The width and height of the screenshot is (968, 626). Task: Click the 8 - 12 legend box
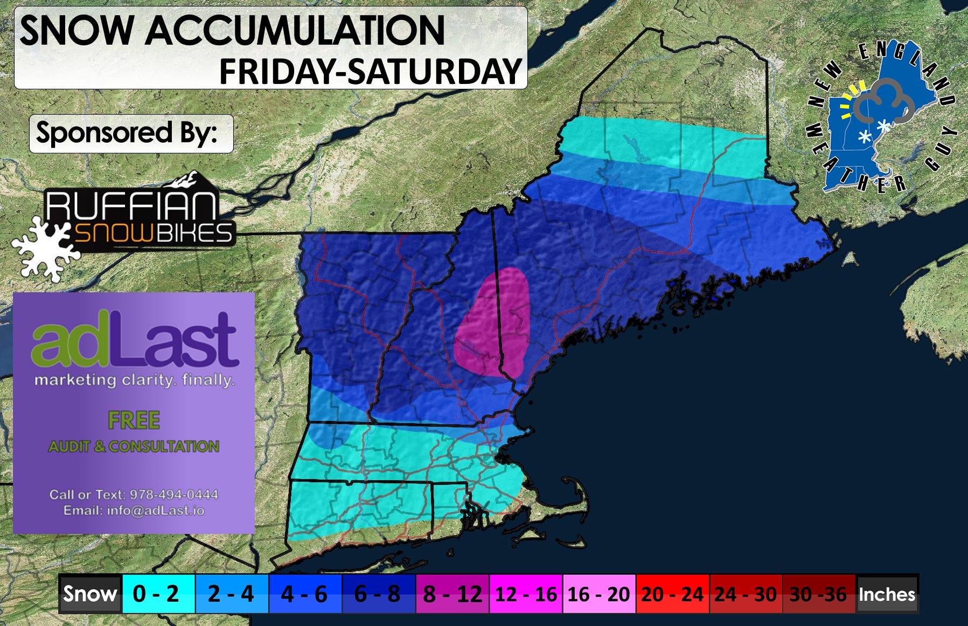click(452, 594)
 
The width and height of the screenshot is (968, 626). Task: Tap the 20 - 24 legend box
click(672, 594)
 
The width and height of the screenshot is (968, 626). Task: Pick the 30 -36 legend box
click(818, 594)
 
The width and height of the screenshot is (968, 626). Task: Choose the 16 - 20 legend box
click(599, 594)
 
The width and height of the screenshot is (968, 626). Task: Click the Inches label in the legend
click(887, 594)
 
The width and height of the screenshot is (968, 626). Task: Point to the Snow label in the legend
click(89, 594)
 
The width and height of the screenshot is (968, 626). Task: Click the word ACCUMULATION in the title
click(295, 31)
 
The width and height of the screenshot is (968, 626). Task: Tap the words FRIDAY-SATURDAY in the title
click(371, 72)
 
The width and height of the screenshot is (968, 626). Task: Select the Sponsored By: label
click(127, 133)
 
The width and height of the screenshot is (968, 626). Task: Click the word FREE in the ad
click(134, 420)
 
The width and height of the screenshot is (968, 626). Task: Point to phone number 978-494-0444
click(173, 495)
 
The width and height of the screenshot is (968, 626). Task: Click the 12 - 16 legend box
click(526, 594)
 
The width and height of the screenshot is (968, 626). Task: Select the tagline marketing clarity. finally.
click(135, 381)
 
